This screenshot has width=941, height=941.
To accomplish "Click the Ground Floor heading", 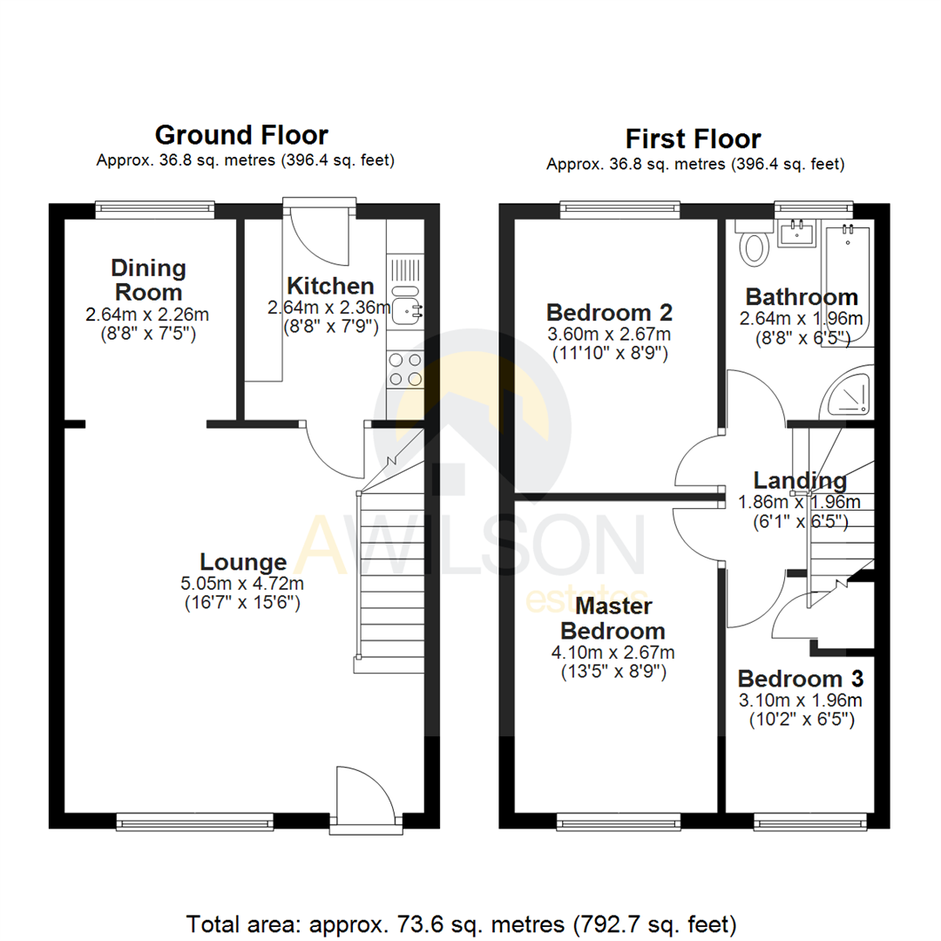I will (x=241, y=135).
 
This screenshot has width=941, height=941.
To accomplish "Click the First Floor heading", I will (x=693, y=139).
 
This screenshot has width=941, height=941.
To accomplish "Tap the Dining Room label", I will (x=147, y=280).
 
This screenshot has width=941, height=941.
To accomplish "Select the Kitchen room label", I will (x=331, y=285).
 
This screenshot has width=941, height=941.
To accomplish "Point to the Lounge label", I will (x=243, y=562).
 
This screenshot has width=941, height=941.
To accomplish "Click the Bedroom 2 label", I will (x=609, y=312).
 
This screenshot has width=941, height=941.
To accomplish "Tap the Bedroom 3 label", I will (x=801, y=679).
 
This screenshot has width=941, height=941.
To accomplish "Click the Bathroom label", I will (x=802, y=296).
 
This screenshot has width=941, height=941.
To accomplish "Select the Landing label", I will (x=800, y=480).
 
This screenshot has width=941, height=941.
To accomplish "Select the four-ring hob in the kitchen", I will (x=405, y=369).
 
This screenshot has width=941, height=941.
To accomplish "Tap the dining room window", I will (x=155, y=207).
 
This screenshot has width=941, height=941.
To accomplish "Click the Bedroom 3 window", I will (x=809, y=821).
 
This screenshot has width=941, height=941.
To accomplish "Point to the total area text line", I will (x=462, y=922).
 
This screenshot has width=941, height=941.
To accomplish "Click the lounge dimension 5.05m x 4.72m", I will (x=243, y=583).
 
